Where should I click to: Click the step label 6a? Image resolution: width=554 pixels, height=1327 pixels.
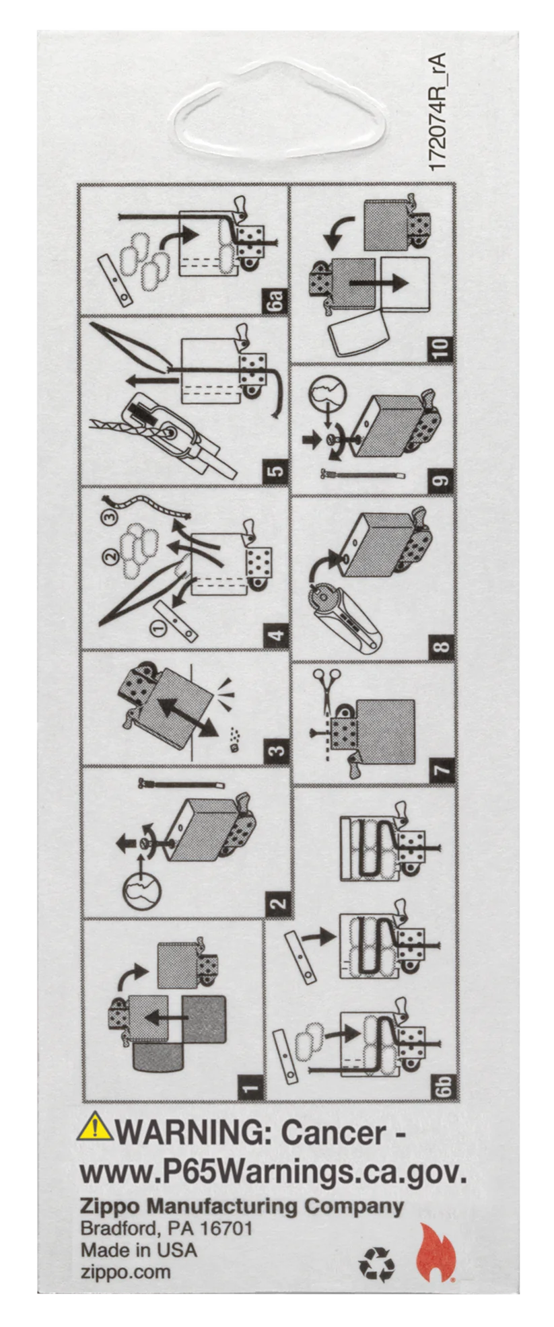[x=276, y=299]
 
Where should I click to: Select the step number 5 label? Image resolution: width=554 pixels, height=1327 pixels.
[x=276, y=470]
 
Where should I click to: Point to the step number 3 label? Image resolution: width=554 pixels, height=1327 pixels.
[x=276, y=750]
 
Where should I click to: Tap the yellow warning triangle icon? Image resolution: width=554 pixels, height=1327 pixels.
[x=95, y=1126]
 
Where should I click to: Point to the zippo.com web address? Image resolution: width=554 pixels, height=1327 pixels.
[x=126, y=1272]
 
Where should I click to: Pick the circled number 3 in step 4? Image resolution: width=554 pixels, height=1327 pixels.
[x=110, y=517]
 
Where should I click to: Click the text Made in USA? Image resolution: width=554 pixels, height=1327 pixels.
[x=139, y=1250]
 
